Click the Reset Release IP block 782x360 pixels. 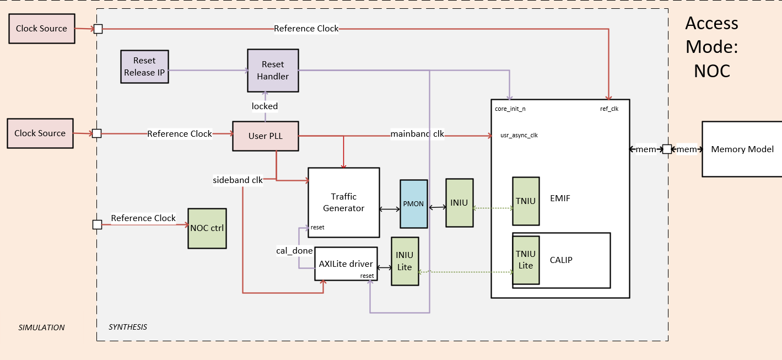coord(144,67)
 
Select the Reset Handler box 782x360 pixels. coord(273,71)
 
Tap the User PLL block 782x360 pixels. coord(265,136)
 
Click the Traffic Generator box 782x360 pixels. coord(343,202)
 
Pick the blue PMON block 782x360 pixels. coord(413,203)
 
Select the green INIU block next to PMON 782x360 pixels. coord(459,202)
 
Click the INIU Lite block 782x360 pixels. coord(405,261)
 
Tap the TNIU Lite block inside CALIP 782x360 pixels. coord(525,260)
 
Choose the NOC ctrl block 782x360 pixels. coord(207,228)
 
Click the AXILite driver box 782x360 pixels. coord(346,264)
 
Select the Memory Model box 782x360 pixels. coord(742,149)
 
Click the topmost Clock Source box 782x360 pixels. coord(41,29)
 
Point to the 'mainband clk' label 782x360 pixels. coord(417,133)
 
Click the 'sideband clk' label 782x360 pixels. coord(238,180)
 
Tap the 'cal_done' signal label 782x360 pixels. coord(294,251)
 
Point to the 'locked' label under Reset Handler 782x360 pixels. coord(265,106)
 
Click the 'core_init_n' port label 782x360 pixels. coord(510,109)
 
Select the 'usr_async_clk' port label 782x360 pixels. coord(519,135)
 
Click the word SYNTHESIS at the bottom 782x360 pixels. coord(127,327)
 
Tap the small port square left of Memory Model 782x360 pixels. coord(666,149)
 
